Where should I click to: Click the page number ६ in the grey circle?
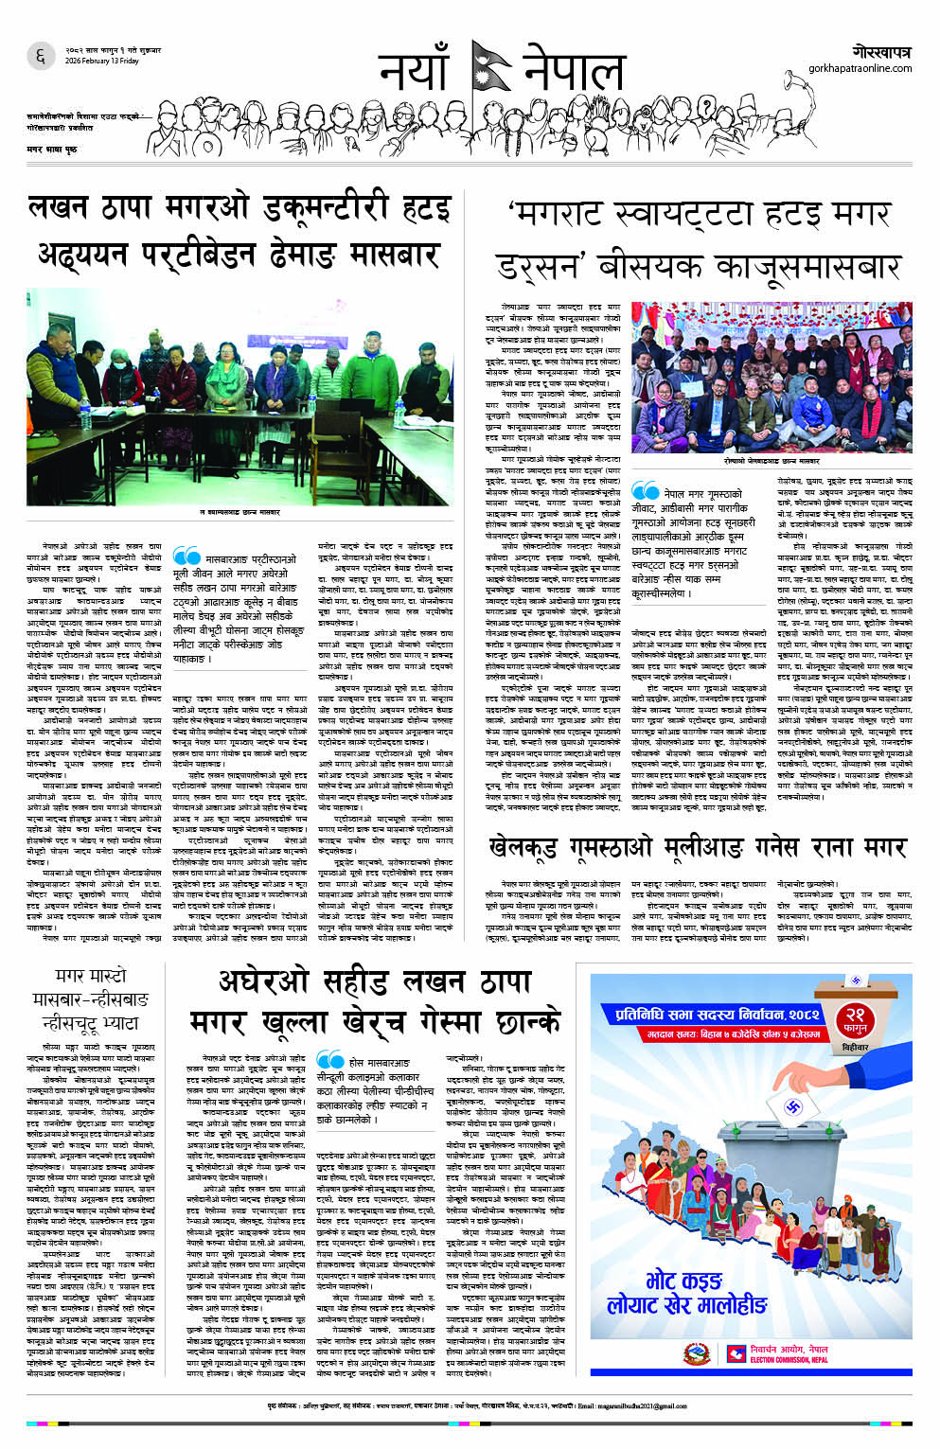click(x=41, y=57)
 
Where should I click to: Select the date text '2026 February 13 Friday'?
click(x=102, y=61)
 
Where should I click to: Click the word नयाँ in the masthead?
click(x=413, y=71)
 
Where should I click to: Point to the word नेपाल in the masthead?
click(x=574, y=71)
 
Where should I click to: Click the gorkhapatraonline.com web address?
click(x=860, y=68)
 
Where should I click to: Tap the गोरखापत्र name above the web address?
click(x=880, y=51)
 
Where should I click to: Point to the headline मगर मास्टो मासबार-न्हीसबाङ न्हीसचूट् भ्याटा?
click(x=90, y=998)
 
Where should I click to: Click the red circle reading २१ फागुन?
click(x=855, y=1022)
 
